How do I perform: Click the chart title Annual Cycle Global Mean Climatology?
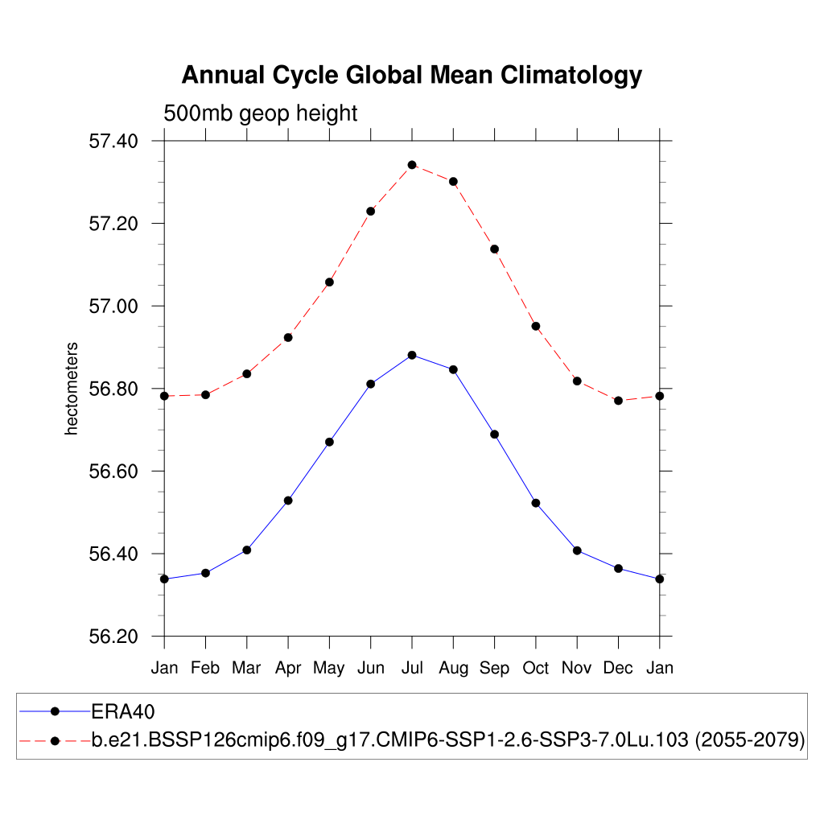pyautogui.click(x=411, y=75)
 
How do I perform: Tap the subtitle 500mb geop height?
pyautogui.click(x=260, y=113)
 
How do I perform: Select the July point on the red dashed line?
pyautogui.click(x=412, y=165)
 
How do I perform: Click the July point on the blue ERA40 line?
pyautogui.click(x=412, y=355)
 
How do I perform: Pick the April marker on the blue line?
pyautogui.click(x=288, y=501)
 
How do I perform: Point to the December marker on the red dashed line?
pyautogui.click(x=618, y=400)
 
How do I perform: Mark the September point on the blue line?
pyautogui.click(x=494, y=435)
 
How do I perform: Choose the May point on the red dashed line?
pyautogui.click(x=329, y=282)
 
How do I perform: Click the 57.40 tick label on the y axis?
pyautogui.click(x=113, y=142)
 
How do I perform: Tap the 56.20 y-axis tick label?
pyautogui.click(x=113, y=637)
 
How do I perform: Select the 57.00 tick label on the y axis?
pyautogui.click(x=113, y=307)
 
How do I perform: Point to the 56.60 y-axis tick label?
pyautogui.click(x=113, y=472)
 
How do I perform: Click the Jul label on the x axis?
pyautogui.click(x=412, y=668)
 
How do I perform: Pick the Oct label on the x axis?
pyautogui.click(x=536, y=668)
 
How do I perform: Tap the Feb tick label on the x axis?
pyautogui.click(x=205, y=668)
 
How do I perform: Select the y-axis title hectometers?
pyautogui.click(x=72, y=389)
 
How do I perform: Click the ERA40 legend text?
pyautogui.click(x=122, y=711)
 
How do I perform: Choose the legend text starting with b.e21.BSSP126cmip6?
pyautogui.click(x=448, y=740)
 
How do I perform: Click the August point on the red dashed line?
pyautogui.click(x=453, y=182)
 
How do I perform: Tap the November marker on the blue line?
pyautogui.click(x=577, y=550)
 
